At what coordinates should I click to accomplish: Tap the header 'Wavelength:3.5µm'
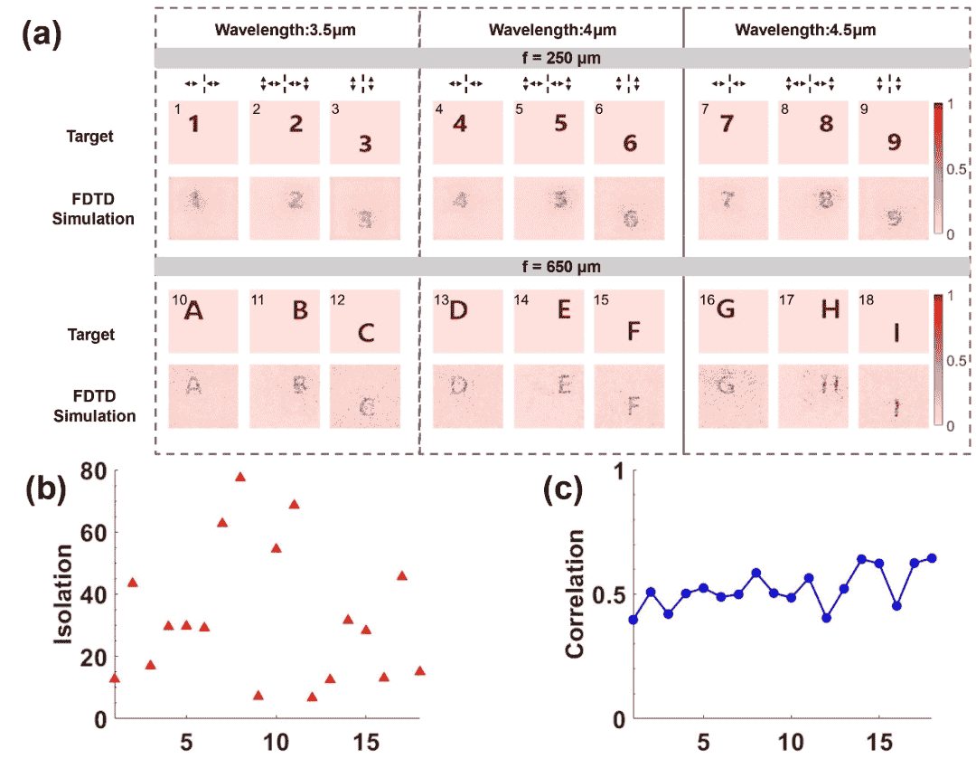tap(285, 30)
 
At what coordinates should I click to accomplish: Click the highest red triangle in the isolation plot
tap(240, 477)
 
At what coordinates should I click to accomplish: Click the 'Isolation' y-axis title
tap(63, 594)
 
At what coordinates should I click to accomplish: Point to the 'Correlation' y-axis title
tap(575, 594)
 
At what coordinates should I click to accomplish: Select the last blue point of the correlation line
tap(932, 557)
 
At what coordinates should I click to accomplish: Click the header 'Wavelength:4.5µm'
tap(805, 30)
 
